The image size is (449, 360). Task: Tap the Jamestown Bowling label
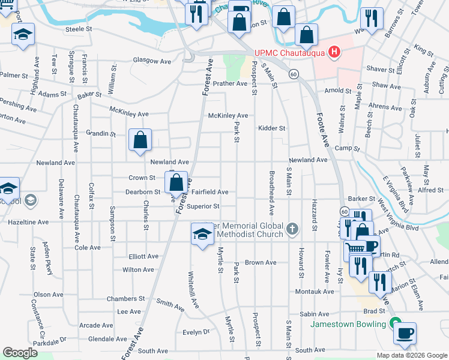[x=348, y=324]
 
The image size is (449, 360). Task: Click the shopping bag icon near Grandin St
[x=140, y=141]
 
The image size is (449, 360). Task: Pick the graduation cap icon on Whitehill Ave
[x=202, y=234]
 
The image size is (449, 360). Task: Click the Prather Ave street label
[x=230, y=83]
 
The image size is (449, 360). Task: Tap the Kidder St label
[x=271, y=128]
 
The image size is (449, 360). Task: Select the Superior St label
[x=203, y=206]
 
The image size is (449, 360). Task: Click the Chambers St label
[x=125, y=298]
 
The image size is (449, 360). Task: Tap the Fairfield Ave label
[x=209, y=192]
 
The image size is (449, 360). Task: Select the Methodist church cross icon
[x=292, y=228]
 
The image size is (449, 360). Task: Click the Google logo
[x=20, y=352]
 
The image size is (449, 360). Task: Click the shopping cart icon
[x=354, y=248]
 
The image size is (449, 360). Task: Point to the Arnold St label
[x=338, y=91]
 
